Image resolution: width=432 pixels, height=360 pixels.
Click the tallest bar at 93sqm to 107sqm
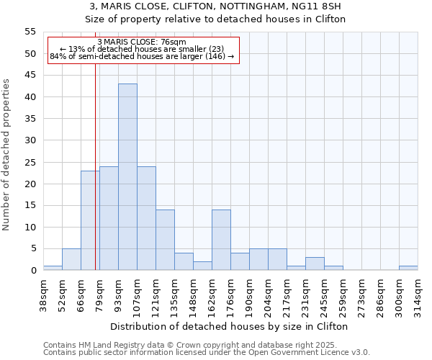(x=127, y=177)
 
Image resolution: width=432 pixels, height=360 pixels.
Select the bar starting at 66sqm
(x=90, y=220)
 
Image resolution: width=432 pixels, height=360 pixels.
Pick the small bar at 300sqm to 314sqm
(x=408, y=268)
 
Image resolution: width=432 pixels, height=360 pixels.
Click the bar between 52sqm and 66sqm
(x=71, y=259)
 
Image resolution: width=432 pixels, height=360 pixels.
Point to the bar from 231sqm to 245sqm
(x=315, y=264)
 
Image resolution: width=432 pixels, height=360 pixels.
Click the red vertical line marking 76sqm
(x=95, y=180)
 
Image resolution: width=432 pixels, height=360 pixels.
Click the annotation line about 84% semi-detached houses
(x=142, y=56)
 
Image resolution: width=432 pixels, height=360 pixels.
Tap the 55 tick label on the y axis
(x=30, y=32)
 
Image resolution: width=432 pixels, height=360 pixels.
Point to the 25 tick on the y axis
(x=30, y=162)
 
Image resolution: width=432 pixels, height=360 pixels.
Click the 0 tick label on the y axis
(x=32, y=271)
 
